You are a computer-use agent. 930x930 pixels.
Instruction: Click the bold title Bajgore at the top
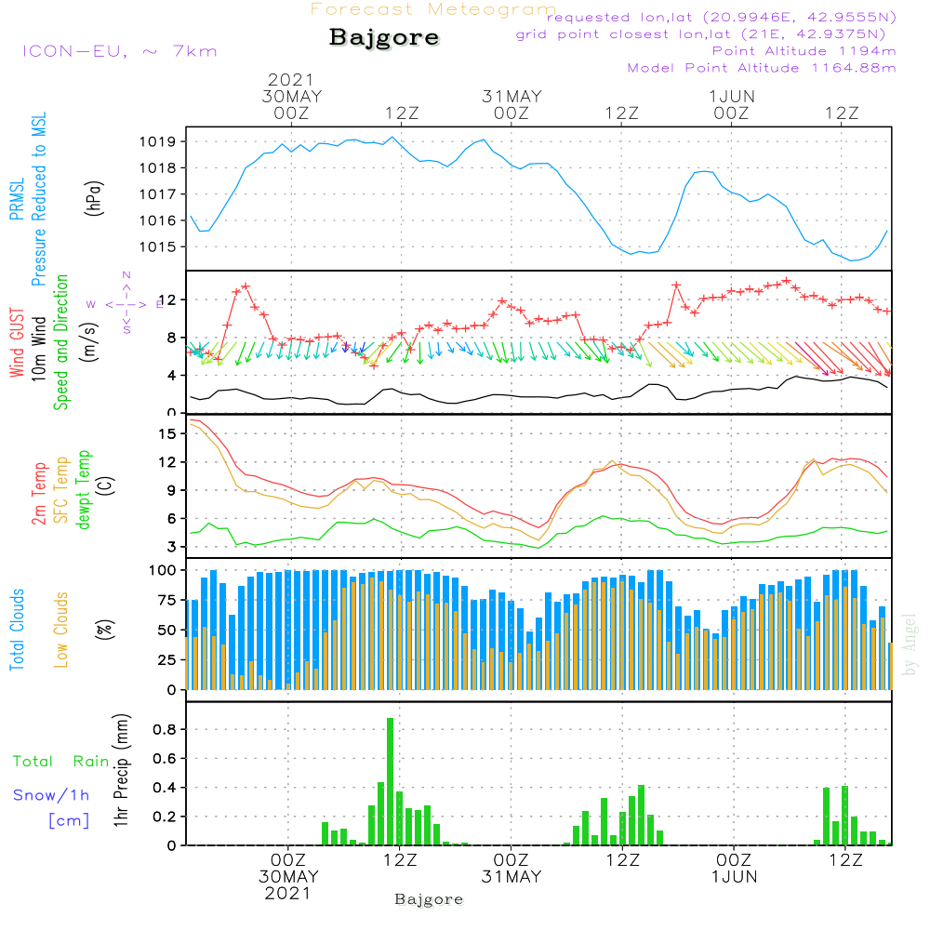[x=384, y=38]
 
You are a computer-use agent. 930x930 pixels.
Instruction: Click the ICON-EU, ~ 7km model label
[x=119, y=51]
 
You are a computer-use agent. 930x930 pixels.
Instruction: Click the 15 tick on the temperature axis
[x=167, y=433]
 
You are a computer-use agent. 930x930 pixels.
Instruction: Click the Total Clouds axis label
[x=18, y=630]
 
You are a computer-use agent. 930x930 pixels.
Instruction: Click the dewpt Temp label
[x=84, y=490]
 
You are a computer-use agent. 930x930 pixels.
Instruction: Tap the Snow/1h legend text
[x=51, y=795]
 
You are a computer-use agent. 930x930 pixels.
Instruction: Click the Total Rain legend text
[x=61, y=761]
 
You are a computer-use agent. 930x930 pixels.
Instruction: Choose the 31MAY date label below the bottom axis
[x=511, y=877]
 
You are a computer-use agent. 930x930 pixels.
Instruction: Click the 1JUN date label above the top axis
[x=732, y=97]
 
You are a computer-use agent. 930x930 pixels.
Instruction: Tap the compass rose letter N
[x=126, y=275]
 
